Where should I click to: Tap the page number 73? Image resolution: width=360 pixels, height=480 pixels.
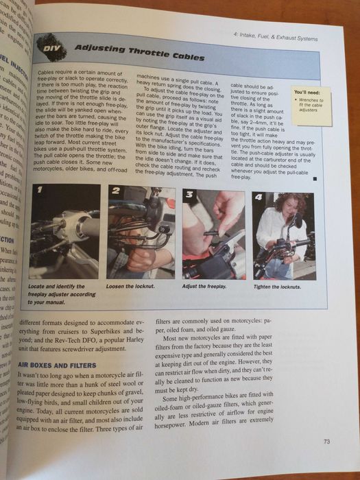326,441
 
